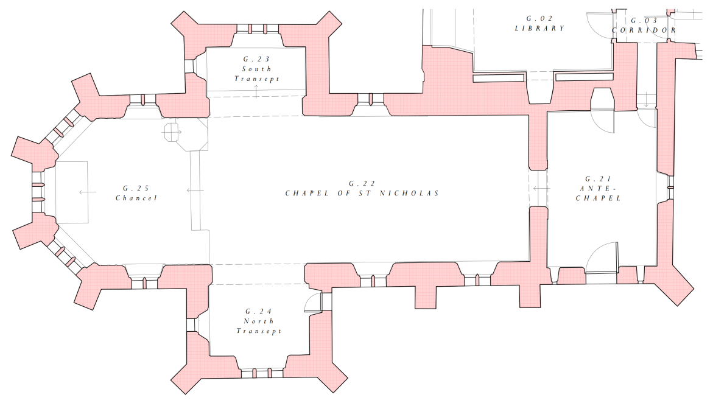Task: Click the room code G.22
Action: (362, 183)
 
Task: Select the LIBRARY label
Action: (539, 29)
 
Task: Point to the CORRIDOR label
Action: (644, 30)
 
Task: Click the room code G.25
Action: (136, 188)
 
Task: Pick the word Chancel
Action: (136, 198)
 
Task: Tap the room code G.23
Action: (256, 59)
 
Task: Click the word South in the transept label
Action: (256, 69)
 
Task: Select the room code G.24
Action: (259, 311)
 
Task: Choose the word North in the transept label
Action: (259, 321)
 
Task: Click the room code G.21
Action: (597, 178)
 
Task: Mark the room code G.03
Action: (644, 20)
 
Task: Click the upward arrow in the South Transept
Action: (256, 91)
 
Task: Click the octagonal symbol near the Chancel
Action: (171, 131)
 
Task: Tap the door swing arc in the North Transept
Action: (312, 300)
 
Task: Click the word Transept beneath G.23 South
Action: (256, 79)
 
